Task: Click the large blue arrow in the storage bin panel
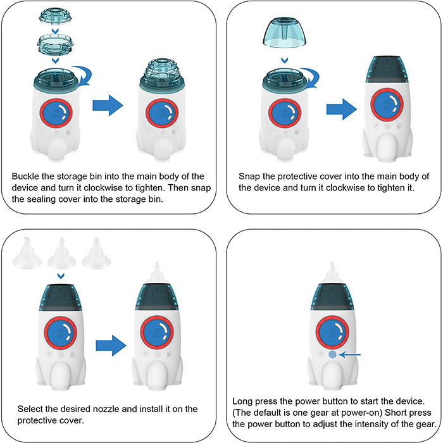107,106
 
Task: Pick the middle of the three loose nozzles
61,253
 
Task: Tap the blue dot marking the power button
332,354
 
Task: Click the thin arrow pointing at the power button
350,354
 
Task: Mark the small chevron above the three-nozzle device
61,276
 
